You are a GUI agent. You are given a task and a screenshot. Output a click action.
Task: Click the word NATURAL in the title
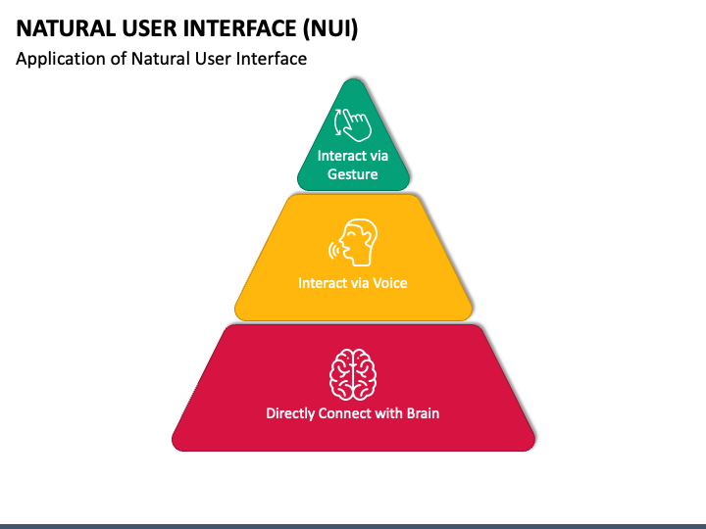pyautogui.click(x=66, y=28)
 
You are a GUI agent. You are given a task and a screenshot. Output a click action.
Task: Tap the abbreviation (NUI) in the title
pyautogui.click(x=330, y=28)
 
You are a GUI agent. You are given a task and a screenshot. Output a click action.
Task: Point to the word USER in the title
pyautogui.click(x=149, y=28)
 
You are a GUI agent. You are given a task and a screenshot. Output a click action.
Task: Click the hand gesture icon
pyautogui.click(x=353, y=123)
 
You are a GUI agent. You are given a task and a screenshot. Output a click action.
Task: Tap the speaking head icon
pyautogui.click(x=353, y=243)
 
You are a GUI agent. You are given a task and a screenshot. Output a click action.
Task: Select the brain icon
pyautogui.click(x=353, y=374)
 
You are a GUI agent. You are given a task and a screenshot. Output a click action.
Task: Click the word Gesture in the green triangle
pyautogui.click(x=353, y=174)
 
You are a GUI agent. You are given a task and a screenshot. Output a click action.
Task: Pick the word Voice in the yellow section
pyautogui.click(x=390, y=283)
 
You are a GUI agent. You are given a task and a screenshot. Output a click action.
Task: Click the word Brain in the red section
pyautogui.click(x=423, y=413)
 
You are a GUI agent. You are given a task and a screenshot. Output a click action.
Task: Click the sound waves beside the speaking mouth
pyautogui.click(x=333, y=251)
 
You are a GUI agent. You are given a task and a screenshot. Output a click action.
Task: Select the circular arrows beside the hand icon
pyautogui.click(x=338, y=121)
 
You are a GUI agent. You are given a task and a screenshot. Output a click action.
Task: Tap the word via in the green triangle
pyautogui.click(x=378, y=156)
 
